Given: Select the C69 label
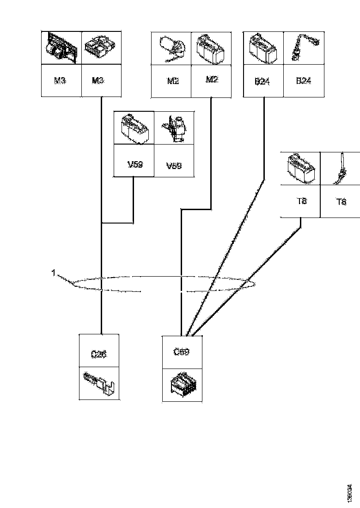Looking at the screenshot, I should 181,351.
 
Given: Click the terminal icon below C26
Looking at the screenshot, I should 100,383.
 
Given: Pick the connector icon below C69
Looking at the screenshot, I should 182,385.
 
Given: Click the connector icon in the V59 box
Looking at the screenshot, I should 134,127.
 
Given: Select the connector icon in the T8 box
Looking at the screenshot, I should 300,169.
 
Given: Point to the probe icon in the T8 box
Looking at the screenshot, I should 341,169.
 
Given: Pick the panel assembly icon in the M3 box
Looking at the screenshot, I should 61,48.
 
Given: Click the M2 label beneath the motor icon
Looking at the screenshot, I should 173,81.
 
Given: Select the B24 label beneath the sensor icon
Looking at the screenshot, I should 303,81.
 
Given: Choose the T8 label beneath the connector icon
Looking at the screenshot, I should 300,201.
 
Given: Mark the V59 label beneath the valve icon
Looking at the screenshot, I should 174,165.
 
